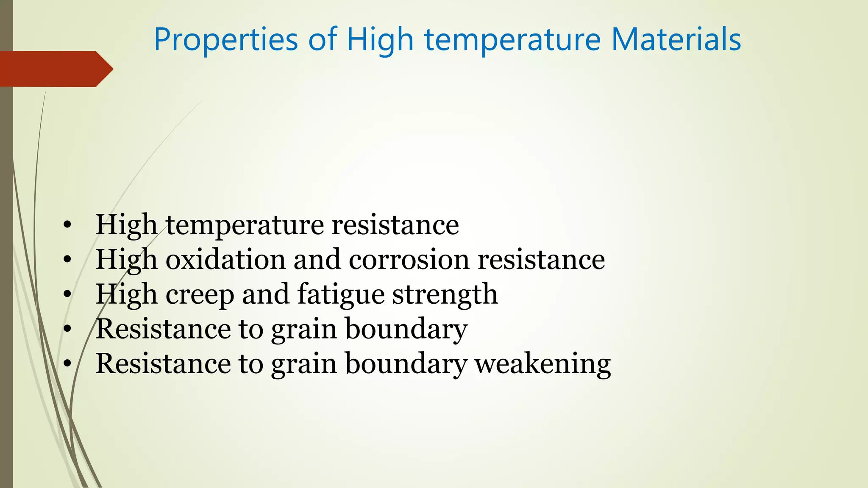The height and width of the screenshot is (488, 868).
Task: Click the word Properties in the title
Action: point(226,40)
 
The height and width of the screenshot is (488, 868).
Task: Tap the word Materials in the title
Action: point(676,40)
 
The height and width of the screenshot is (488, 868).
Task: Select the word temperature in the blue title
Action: point(513,40)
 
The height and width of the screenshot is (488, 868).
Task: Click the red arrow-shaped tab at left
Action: point(55,69)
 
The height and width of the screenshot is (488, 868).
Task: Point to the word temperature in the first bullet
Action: point(245,225)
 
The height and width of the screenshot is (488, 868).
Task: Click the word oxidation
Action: point(225,259)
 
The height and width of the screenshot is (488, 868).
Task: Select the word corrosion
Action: point(409,259)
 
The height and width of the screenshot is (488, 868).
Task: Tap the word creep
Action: point(200,294)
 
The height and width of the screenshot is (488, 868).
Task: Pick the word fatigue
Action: point(340,294)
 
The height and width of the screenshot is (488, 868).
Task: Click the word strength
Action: point(445,294)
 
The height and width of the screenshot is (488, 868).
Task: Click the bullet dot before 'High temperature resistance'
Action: point(67,225)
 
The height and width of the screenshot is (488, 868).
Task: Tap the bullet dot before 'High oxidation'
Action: point(67,260)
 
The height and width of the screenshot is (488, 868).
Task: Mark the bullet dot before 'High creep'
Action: point(67,294)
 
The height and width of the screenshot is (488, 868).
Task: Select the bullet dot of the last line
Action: point(67,364)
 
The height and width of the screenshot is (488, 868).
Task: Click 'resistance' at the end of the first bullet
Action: point(395,225)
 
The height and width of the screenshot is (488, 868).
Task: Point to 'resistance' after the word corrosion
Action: point(541,259)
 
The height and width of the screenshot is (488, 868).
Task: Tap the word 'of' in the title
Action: point(323,40)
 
